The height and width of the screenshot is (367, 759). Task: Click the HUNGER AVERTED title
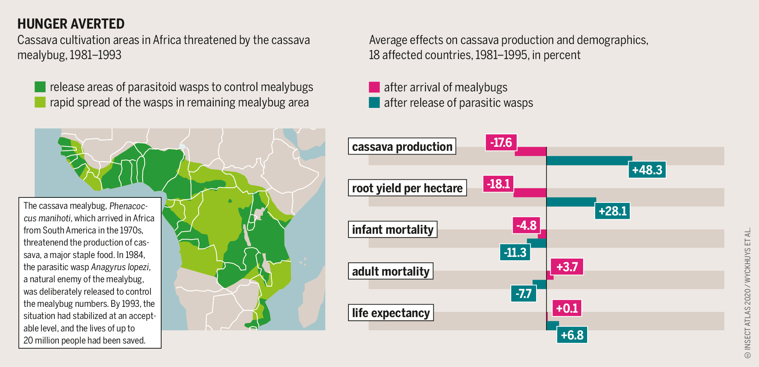click(71, 24)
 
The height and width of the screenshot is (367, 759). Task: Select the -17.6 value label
click(501, 142)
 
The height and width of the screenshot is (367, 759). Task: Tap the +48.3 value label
click(647, 170)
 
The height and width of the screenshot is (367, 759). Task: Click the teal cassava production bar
click(589, 160)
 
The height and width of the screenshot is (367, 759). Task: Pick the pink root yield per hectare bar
click(530, 193)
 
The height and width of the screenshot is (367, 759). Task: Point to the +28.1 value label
click(612, 211)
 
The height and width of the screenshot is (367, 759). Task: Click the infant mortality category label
click(393, 230)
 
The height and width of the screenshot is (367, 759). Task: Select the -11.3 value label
click(515, 252)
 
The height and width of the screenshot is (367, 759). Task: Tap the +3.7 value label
click(567, 267)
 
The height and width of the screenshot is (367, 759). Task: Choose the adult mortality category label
click(391, 271)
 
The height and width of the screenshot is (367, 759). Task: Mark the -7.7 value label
click(523, 294)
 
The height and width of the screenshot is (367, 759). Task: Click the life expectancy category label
click(391, 313)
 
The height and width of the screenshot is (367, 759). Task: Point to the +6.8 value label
click(572, 335)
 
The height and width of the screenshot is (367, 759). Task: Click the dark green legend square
click(40, 87)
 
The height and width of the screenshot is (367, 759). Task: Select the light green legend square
click(40, 102)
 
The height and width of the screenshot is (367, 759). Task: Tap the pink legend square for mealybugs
click(374, 87)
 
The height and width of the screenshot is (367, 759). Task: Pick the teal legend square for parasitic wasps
click(374, 103)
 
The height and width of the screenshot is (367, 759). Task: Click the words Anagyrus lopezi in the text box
click(120, 267)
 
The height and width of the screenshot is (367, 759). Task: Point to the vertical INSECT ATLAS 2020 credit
click(747, 294)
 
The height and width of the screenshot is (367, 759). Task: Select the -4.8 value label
click(526, 225)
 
